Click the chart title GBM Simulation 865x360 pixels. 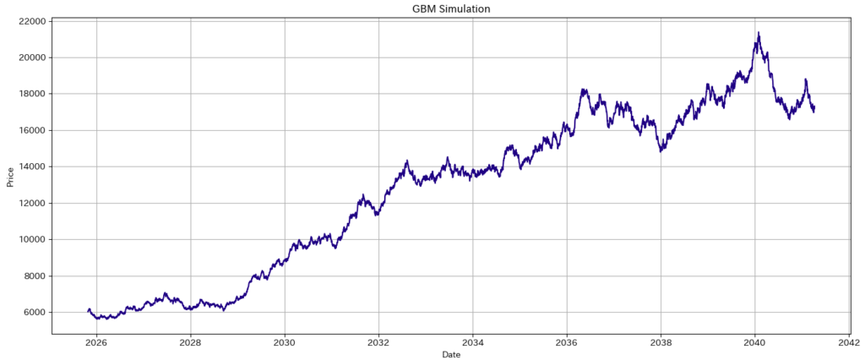(450, 9)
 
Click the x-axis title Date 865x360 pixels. (450, 355)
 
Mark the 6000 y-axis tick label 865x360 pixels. (33, 313)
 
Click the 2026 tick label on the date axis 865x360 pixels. (96, 342)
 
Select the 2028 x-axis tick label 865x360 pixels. (191, 342)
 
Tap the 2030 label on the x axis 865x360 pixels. (285, 342)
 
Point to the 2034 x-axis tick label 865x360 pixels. (473, 342)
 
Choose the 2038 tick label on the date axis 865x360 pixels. (661, 342)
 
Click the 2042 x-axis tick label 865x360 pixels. (849, 342)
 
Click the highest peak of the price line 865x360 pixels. (759, 33)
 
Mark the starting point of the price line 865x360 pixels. (88, 312)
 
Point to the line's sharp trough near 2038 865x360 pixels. (661, 151)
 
